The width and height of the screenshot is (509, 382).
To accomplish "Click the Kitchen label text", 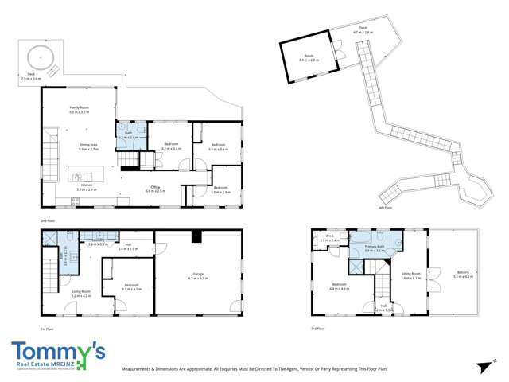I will pos(86,188).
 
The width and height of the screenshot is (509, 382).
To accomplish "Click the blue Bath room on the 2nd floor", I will pos(129,134).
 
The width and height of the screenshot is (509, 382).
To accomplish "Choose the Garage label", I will pos(196,276).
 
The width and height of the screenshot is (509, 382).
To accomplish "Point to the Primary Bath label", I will pos(375,248).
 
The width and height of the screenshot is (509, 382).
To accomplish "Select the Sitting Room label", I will pos(410,275).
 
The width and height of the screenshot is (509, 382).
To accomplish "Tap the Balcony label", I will pos(463,274).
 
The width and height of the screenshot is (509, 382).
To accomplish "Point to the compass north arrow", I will pos(481,365).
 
